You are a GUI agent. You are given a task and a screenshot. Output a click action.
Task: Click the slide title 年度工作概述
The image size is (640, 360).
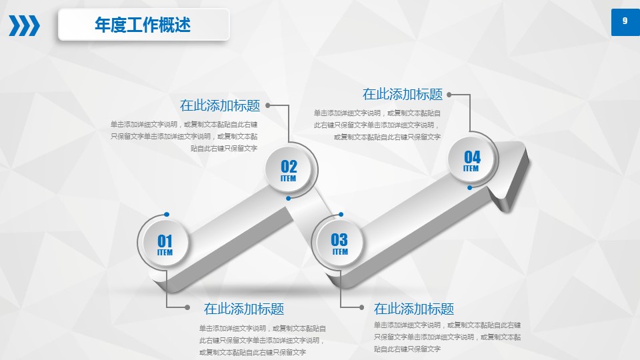click(x=143, y=25)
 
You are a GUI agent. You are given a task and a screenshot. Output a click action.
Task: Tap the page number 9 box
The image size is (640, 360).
click(x=625, y=22)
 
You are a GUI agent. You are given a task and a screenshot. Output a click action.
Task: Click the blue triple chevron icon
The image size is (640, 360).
click(x=25, y=25)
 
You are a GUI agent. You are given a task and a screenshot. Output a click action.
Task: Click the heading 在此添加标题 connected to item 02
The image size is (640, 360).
click(x=220, y=105)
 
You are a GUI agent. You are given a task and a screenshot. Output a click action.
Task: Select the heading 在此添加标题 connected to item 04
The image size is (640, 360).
click(x=403, y=94)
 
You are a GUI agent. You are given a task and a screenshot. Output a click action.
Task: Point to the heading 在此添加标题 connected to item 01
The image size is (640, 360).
click(x=244, y=309)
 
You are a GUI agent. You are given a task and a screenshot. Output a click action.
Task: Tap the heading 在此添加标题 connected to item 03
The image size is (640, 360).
click(x=414, y=309)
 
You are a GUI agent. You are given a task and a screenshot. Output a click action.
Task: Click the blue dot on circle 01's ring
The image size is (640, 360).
click(x=167, y=214)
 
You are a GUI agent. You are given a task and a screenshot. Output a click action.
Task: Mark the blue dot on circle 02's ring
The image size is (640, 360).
click(x=288, y=199)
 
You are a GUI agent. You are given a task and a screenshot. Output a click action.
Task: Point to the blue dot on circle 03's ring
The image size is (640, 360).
click(x=341, y=214)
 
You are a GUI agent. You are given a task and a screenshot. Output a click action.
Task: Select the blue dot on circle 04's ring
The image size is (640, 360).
click(x=470, y=188)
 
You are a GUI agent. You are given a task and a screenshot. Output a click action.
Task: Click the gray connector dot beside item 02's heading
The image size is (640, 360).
click(x=268, y=105)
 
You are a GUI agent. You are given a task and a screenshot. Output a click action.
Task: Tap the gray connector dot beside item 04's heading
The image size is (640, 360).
click(x=449, y=95)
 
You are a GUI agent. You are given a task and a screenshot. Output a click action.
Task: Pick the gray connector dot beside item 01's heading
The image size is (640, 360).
click(x=187, y=307)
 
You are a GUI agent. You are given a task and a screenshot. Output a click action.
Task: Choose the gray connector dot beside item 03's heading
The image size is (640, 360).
click(x=361, y=307)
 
